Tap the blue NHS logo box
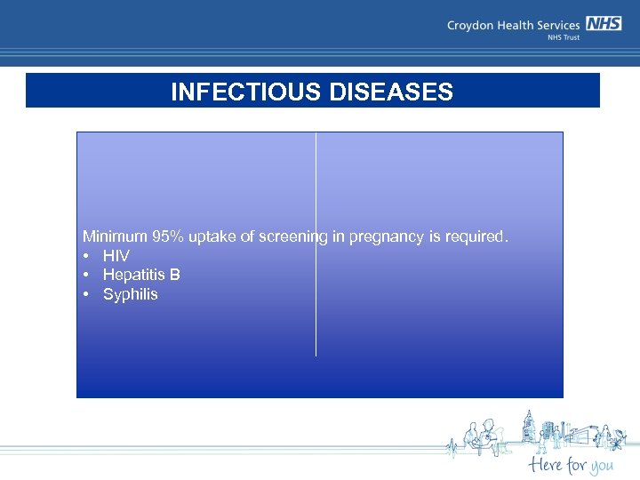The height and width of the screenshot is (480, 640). click(604, 24)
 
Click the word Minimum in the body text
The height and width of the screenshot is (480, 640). click(115, 236)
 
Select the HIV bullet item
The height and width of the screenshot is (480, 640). click(116, 256)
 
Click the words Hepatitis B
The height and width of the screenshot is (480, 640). click(141, 275)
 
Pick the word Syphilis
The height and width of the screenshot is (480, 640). click(130, 294)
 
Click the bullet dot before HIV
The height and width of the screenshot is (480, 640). click(86, 256)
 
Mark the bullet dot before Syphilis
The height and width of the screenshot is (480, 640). click(86, 294)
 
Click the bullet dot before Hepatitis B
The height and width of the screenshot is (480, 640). click(86, 275)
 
